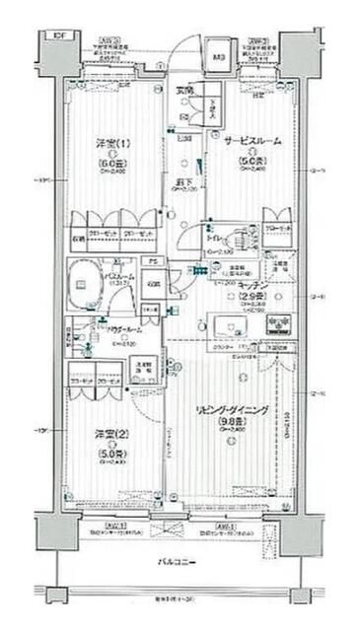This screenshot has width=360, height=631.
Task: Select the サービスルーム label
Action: point(250,141)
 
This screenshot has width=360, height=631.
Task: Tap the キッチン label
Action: point(252,282)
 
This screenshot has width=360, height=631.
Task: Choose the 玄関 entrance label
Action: point(184,91)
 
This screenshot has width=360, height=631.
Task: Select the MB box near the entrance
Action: point(218,56)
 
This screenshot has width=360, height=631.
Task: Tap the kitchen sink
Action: point(226,323)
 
